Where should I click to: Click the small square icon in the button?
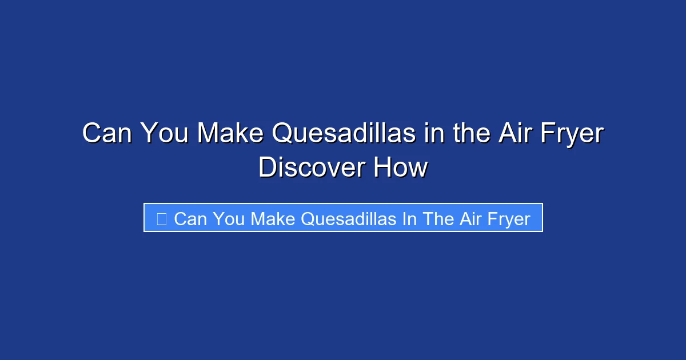[161, 218]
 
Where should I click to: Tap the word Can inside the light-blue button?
[190, 219]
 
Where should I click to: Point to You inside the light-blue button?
[229, 219]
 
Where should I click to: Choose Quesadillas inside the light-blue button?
[349, 219]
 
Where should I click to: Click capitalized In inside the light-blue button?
[409, 219]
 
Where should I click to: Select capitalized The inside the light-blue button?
[437, 219]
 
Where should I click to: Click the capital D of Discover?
[267, 168]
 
